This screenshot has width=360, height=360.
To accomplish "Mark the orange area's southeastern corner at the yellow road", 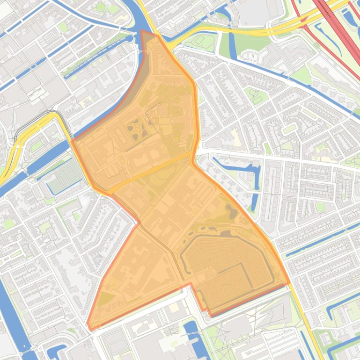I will [289, 283].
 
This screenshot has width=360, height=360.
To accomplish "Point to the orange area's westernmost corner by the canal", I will [72, 140].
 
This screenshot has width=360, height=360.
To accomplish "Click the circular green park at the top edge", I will [100, 7].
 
